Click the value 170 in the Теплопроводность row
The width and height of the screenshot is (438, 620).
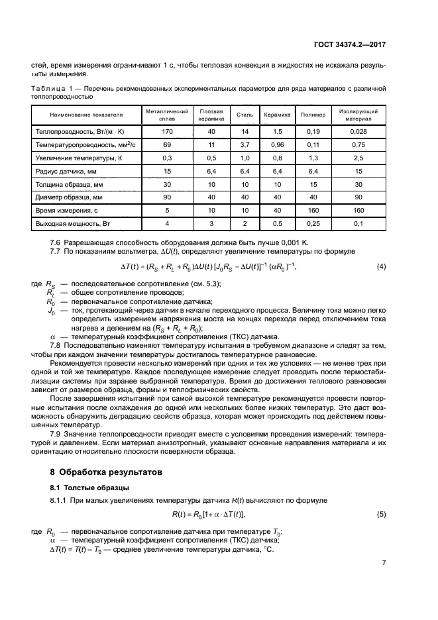pos(167,132)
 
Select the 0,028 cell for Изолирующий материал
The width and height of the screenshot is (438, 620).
pos(358,132)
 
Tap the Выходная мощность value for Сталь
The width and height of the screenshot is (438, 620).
pos(245,223)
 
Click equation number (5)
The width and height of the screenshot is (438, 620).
pos(381,514)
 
